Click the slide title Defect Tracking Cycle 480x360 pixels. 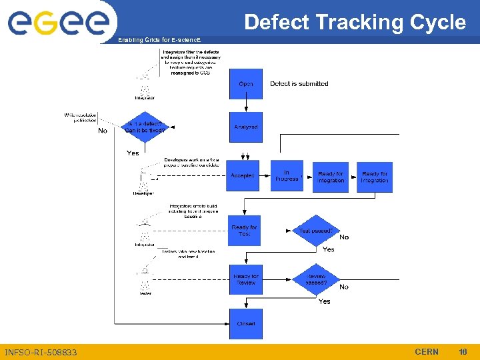(x=355, y=23)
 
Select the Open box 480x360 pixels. (x=246, y=84)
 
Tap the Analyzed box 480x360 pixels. (x=246, y=127)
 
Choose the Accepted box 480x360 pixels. (x=243, y=176)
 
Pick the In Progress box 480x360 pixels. (x=287, y=176)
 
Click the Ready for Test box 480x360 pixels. (x=245, y=231)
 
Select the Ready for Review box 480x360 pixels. (x=246, y=279)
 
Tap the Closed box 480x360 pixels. (x=246, y=323)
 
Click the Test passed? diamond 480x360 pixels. (x=316, y=231)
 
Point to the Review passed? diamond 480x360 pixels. (x=316, y=279)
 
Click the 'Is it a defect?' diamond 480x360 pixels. (x=143, y=127)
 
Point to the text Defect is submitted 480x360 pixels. (x=299, y=84)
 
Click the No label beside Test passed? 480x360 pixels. (x=344, y=237)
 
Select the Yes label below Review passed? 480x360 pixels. (x=324, y=301)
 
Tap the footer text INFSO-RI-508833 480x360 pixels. (x=41, y=352)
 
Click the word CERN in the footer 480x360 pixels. (x=427, y=352)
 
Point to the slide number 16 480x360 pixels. (x=463, y=352)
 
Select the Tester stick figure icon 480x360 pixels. (x=145, y=278)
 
